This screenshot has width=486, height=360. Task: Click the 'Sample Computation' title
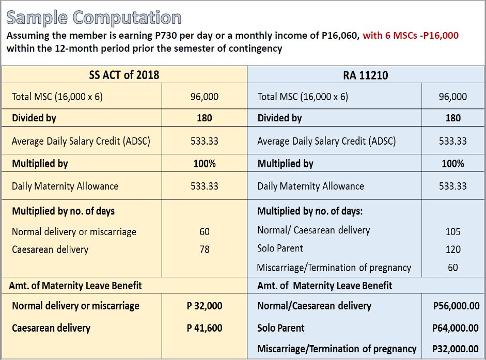click(x=93, y=18)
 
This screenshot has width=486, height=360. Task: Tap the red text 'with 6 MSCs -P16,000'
click(x=411, y=36)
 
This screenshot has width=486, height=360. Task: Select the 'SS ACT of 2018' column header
click(x=124, y=75)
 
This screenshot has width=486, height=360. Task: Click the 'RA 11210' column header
click(x=366, y=75)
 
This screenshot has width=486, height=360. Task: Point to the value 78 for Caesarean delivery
click(x=205, y=249)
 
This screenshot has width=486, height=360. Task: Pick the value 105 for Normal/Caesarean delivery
click(x=453, y=231)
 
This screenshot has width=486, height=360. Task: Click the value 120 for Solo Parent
click(x=453, y=249)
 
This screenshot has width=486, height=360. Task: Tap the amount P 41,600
click(x=205, y=328)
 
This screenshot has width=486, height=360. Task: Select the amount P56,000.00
click(x=456, y=306)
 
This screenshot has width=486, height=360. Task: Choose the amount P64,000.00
click(x=456, y=328)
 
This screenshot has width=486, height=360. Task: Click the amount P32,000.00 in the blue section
click(x=456, y=349)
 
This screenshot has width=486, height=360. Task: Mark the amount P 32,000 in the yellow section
click(x=205, y=306)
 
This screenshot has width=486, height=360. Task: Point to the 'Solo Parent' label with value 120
click(x=280, y=248)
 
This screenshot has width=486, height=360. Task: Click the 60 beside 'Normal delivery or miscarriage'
click(x=205, y=231)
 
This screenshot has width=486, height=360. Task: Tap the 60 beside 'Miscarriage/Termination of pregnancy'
click(x=453, y=267)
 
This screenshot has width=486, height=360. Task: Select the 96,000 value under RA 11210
click(x=453, y=97)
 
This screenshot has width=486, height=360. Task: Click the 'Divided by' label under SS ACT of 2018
click(x=34, y=118)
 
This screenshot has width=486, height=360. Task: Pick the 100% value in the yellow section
click(x=205, y=163)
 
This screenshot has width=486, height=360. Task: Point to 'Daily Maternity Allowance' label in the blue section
click(x=310, y=186)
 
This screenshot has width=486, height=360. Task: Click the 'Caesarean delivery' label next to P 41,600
click(x=51, y=328)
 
